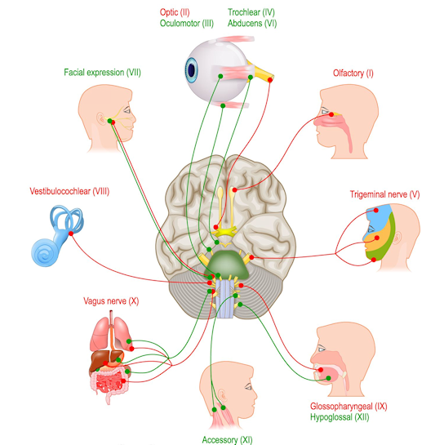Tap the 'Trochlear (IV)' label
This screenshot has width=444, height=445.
255,13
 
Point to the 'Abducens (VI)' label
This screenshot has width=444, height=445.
255,24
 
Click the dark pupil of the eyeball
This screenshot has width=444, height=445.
193,70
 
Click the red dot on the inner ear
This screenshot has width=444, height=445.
71,234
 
